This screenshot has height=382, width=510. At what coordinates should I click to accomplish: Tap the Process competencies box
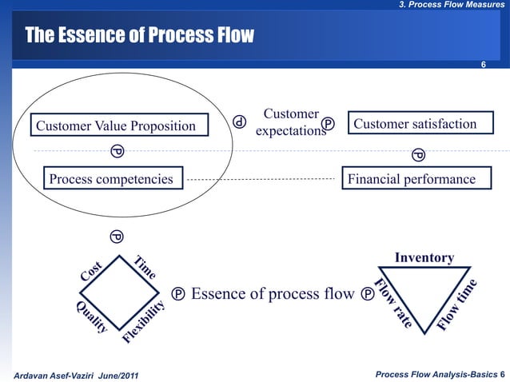tap(112, 179)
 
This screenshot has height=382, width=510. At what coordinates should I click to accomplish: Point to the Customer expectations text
tap(291, 124)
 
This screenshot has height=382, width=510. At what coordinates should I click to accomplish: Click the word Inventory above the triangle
tap(424, 257)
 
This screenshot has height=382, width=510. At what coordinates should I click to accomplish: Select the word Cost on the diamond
tap(91, 272)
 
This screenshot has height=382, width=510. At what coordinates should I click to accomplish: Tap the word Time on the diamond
tap(145, 268)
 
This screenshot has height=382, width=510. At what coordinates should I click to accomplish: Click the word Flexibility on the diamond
tap(145, 322)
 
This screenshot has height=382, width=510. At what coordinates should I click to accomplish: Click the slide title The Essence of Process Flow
tap(139, 36)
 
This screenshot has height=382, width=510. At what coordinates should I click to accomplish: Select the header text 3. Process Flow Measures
tap(450, 6)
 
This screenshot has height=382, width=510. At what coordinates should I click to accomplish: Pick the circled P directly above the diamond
tap(116, 237)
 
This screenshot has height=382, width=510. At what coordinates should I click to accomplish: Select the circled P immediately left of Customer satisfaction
tap(329, 124)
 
